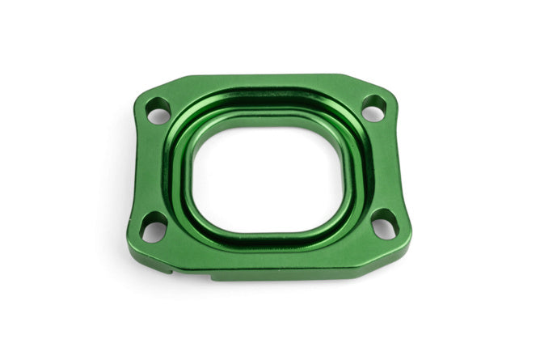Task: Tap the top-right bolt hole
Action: click(373, 108)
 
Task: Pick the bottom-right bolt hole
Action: click(384, 224)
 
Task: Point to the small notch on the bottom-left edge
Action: click(170, 270)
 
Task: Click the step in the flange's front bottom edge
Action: click(211, 277)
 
